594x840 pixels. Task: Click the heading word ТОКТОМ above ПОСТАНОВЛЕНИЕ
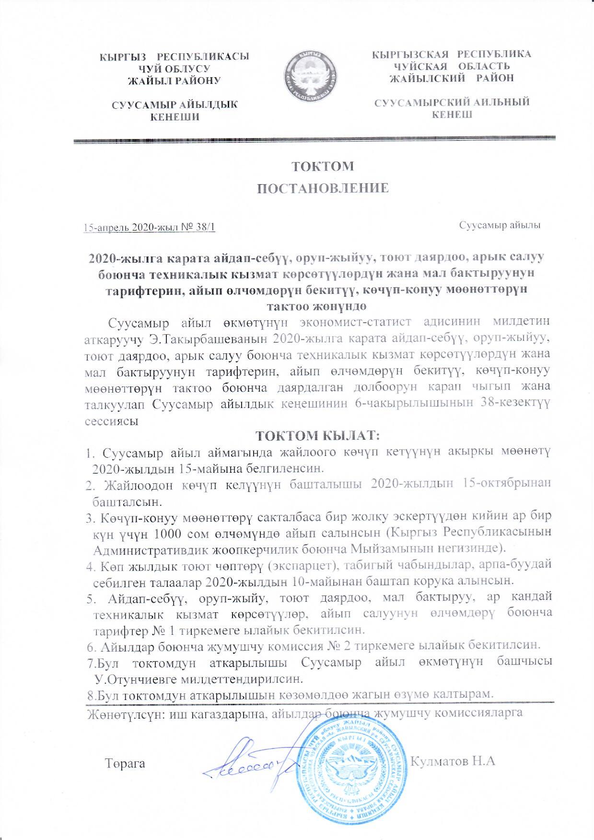[x=323, y=166]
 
